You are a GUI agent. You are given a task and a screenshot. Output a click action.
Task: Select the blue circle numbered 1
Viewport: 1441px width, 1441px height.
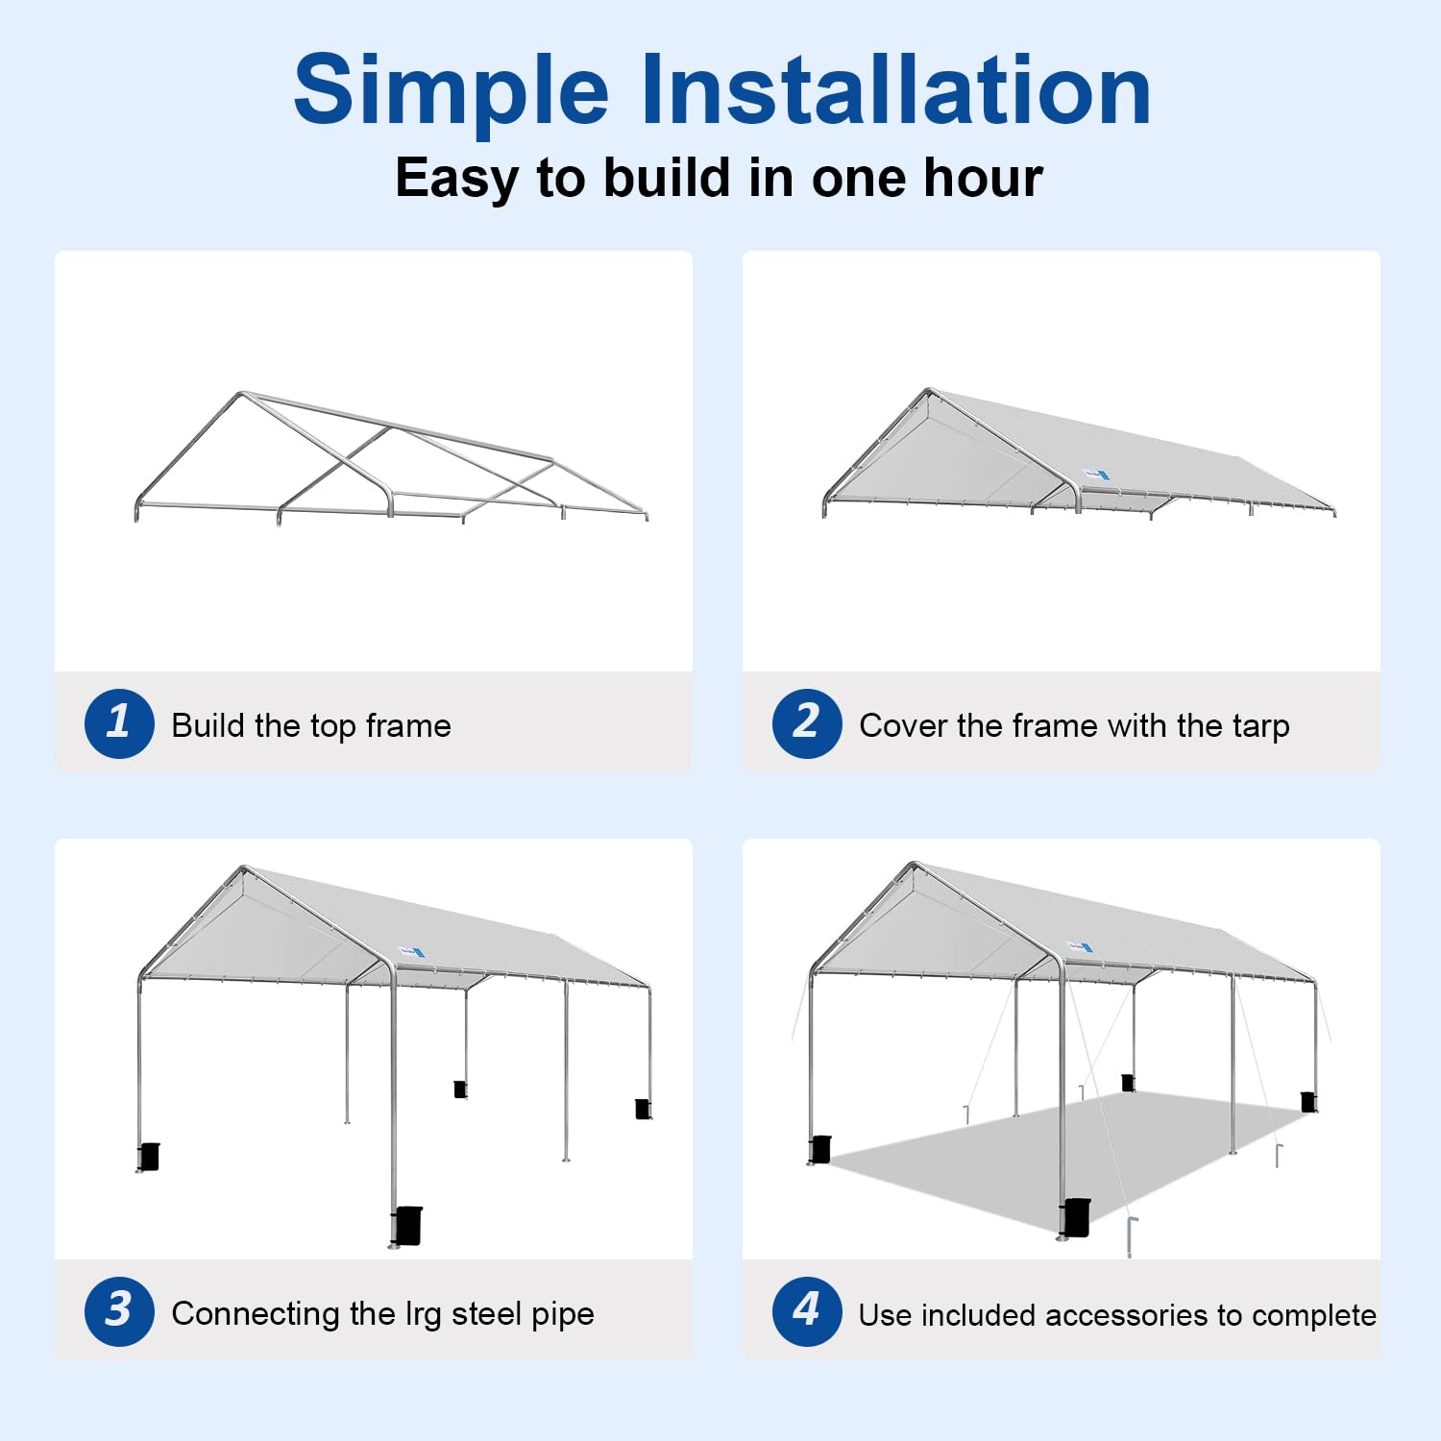tap(119, 723)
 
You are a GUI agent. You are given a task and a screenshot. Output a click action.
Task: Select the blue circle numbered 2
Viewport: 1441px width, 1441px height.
tap(807, 723)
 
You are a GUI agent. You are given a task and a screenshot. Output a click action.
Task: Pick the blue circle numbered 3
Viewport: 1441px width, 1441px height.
tap(119, 1311)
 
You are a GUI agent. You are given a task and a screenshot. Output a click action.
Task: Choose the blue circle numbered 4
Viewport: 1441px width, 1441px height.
tap(807, 1311)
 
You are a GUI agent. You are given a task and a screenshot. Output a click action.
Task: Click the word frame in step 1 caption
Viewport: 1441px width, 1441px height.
tap(408, 725)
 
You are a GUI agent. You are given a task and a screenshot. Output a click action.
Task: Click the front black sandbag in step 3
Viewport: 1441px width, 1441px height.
tap(407, 1225)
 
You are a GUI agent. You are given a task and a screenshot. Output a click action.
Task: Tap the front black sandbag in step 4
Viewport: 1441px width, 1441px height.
tap(1076, 1217)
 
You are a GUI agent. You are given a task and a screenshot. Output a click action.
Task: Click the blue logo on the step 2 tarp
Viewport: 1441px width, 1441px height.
tap(1095, 473)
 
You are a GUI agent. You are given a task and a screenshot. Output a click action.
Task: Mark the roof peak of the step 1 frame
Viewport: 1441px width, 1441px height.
tap(241, 394)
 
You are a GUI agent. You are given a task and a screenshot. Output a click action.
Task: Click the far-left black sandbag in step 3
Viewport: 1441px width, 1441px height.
tap(149, 1157)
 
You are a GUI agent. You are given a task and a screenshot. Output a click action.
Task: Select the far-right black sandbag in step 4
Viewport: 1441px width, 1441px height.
tap(1308, 1101)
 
